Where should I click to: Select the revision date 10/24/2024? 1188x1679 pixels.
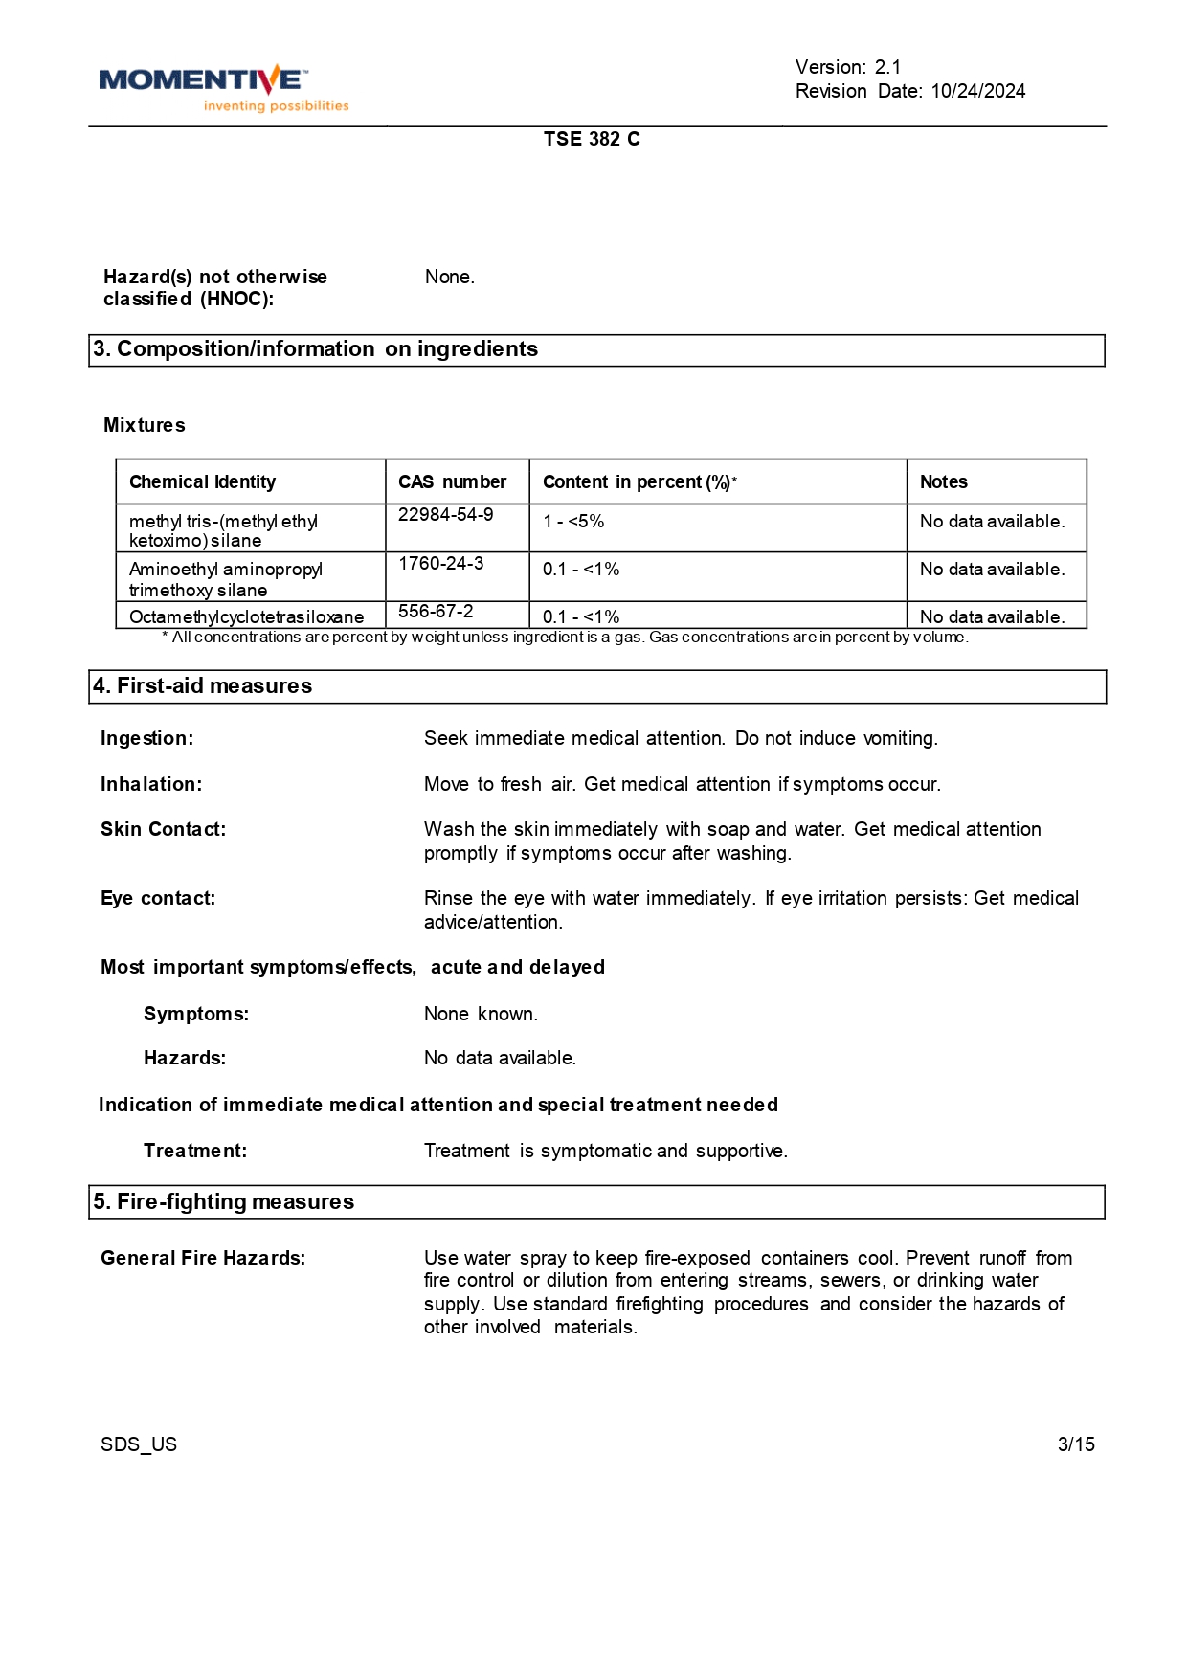point(977,91)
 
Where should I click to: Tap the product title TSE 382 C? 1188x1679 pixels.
point(592,139)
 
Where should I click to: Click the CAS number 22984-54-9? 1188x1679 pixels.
point(446,515)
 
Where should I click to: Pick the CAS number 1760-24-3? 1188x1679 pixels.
point(441,563)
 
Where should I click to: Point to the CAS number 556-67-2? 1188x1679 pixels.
point(436,611)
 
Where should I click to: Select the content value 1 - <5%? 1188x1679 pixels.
point(573,522)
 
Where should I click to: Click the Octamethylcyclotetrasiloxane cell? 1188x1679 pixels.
point(246,616)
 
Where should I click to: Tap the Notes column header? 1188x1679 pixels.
point(944,482)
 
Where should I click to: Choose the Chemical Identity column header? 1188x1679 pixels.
point(202,482)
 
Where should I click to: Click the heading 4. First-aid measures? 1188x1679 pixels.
point(203,686)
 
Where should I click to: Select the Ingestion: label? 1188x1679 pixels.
point(147,738)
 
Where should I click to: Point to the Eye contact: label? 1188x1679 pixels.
point(158,898)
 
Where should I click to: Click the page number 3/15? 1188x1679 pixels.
point(1076,1444)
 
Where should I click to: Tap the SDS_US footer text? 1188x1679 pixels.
point(139,1444)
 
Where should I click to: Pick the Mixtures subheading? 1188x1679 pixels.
point(145,425)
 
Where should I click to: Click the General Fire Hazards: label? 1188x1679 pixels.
point(203,1258)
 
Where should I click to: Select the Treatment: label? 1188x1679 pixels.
point(195,1151)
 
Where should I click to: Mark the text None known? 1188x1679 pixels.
point(481,1014)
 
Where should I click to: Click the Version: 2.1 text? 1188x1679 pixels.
point(848,67)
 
